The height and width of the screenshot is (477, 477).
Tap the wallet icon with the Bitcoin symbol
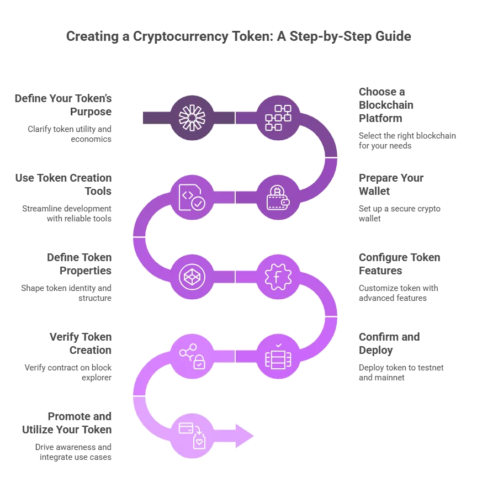pos(278,197)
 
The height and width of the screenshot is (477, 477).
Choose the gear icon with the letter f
pos(278,277)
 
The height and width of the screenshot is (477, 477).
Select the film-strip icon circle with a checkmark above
pos(278,356)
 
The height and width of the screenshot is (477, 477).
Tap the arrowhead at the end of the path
pos(245,436)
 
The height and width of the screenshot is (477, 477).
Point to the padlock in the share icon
pos(199,363)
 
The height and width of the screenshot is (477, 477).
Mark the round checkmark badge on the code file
pos(198,204)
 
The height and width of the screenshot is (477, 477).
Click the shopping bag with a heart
pos(198,442)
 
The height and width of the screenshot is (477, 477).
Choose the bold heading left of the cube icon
pos(79,265)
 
